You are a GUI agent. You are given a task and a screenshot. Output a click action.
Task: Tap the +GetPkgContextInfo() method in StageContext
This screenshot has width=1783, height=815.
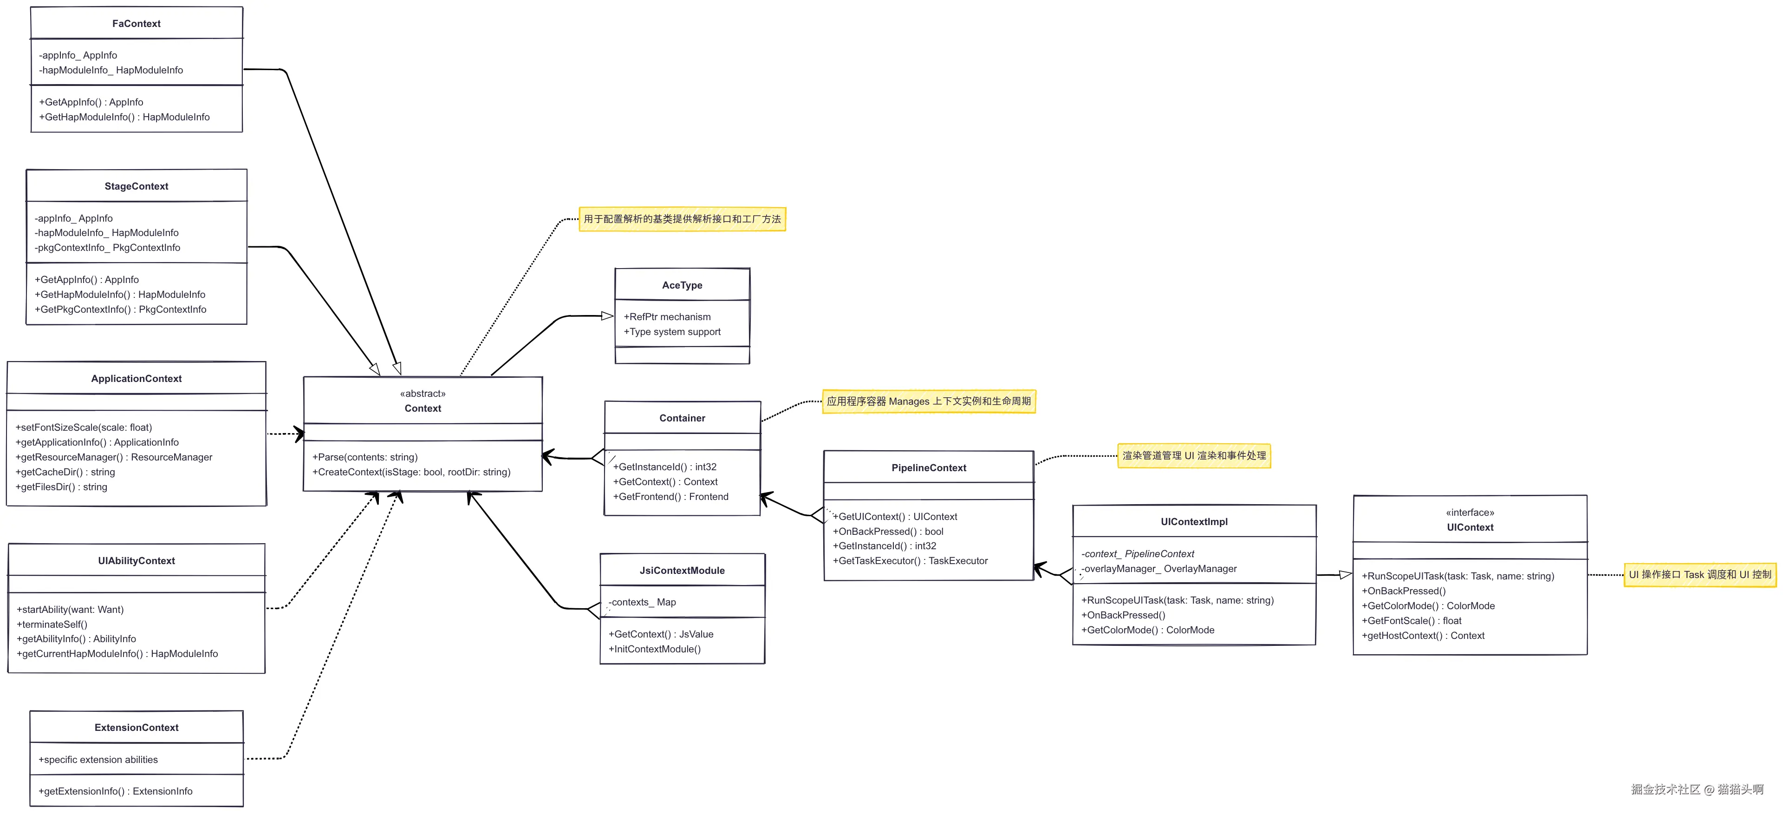pyautogui.click(x=120, y=309)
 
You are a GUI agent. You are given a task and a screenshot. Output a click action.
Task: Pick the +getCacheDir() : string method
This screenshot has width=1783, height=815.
pyautogui.click(x=65, y=472)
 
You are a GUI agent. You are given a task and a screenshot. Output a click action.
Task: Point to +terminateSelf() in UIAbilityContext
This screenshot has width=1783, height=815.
pyautogui.click(x=52, y=624)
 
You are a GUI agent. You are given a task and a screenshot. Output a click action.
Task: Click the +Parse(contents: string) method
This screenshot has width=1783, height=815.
pyautogui.click(x=365, y=457)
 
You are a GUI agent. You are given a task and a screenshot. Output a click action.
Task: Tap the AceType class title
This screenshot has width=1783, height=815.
pyautogui.click(x=682, y=285)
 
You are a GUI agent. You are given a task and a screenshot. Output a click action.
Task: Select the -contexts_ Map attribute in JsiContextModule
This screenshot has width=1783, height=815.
pyautogui.click(x=642, y=602)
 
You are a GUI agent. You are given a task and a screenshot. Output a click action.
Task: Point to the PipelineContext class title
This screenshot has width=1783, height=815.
pyautogui.click(x=928, y=468)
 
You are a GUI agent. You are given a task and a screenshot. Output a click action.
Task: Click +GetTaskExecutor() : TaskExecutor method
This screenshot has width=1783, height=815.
pyautogui.click(x=910, y=561)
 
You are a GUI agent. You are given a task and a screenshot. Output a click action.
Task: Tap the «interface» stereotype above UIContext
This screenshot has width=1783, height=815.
pyautogui.click(x=1470, y=513)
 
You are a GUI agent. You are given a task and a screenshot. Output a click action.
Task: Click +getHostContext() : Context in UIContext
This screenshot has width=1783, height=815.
pyautogui.click(x=1423, y=636)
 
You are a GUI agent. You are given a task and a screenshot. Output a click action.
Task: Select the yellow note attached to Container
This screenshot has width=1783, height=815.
pyautogui.click(x=928, y=401)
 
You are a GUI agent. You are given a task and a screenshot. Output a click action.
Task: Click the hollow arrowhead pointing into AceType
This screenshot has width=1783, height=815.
pyautogui.click(x=607, y=316)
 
